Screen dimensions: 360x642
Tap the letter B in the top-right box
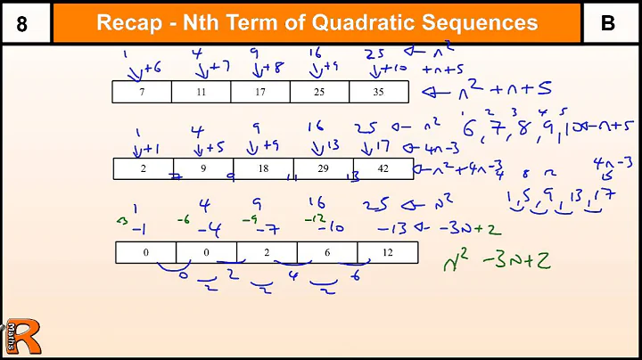(x=608, y=23)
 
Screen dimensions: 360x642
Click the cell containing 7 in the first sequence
(x=143, y=91)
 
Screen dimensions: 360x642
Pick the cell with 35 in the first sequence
(x=378, y=91)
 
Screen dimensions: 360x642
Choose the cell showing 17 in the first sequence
(x=260, y=91)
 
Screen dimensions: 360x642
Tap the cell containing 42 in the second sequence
(x=382, y=168)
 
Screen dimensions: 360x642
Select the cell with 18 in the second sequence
(x=263, y=168)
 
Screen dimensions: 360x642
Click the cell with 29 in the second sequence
(x=323, y=168)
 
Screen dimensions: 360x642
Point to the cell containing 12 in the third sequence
(x=385, y=252)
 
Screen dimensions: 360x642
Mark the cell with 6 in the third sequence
(x=326, y=252)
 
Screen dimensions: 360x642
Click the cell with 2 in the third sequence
(x=266, y=252)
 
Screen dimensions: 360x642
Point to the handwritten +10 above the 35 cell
(x=394, y=68)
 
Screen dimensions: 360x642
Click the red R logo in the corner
(x=22, y=337)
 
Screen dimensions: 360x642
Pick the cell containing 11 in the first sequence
(x=201, y=91)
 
